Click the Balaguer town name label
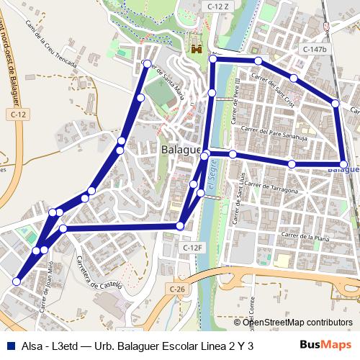click(180, 149)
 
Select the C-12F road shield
click(193, 248)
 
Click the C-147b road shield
click(315, 49)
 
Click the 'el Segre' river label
click(211, 189)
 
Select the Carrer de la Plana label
click(305, 236)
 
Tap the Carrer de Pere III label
click(236, 94)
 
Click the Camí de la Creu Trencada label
click(50, 44)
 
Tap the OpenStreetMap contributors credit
click(297, 322)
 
